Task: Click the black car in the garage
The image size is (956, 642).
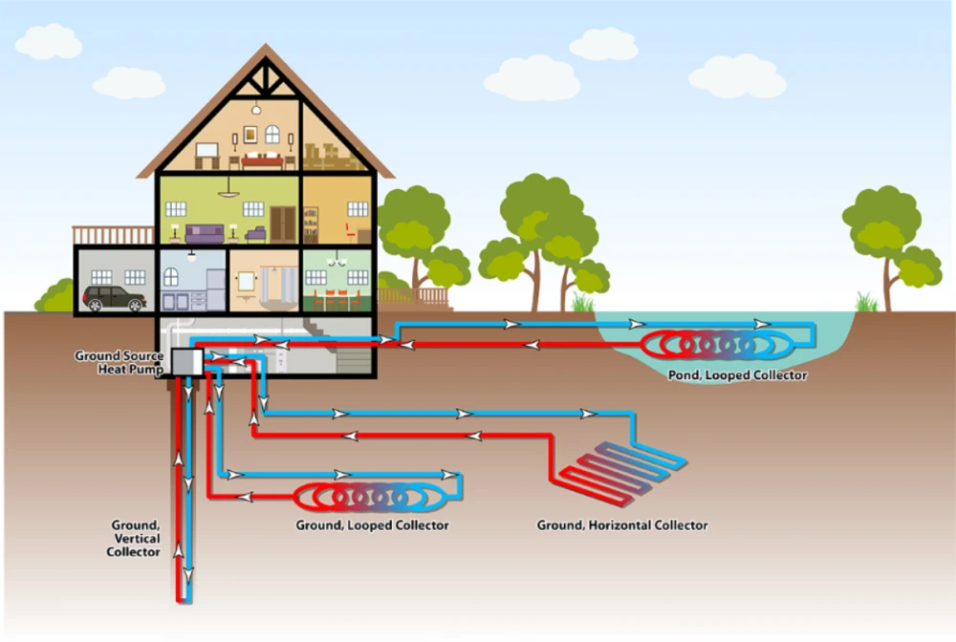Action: pyautogui.click(x=114, y=298)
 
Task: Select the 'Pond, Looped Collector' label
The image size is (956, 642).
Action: pyautogui.click(x=738, y=375)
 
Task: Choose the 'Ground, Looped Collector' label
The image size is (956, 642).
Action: pyautogui.click(x=373, y=525)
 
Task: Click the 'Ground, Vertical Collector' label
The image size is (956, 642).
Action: pyautogui.click(x=133, y=539)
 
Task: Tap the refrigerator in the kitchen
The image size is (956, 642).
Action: pyautogui.click(x=215, y=287)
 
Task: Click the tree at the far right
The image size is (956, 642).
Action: pyautogui.click(x=889, y=239)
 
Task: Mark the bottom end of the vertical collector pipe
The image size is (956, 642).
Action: pyautogui.click(x=183, y=597)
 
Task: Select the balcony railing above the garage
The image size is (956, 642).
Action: pyautogui.click(x=114, y=235)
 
